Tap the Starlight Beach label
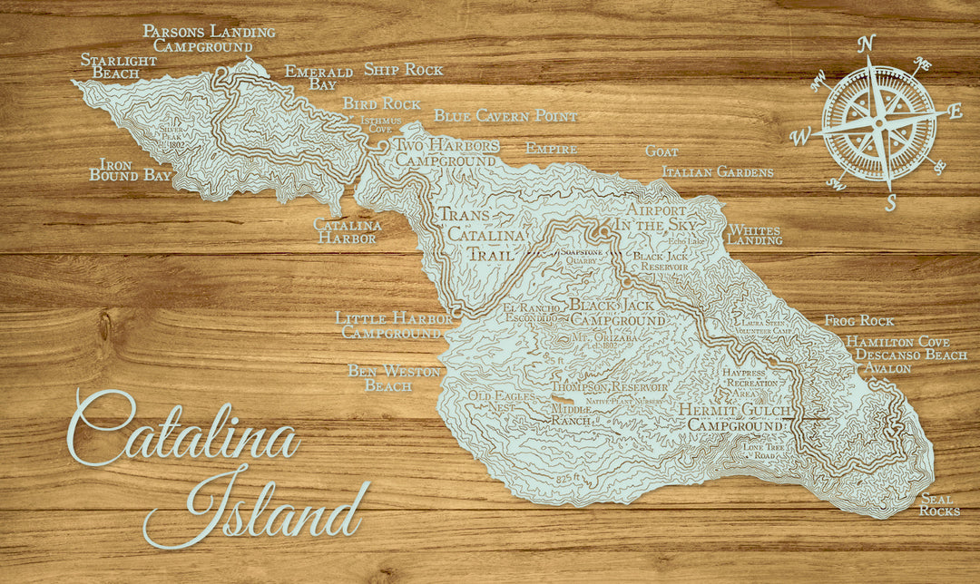[x=118, y=66]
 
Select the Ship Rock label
[x=403, y=69]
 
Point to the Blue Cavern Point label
[x=505, y=116]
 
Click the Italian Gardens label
[x=718, y=171]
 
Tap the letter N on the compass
[x=866, y=44]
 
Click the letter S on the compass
[x=890, y=203]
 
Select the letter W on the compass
[x=800, y=138]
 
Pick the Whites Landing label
[x=754, y=235]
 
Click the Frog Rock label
[x=858, y=321]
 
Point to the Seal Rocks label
[x=938, y=505]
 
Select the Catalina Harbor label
[x=347, y=231]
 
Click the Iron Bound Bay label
[x=130, y=170]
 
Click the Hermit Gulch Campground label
[x=734, y=417]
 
